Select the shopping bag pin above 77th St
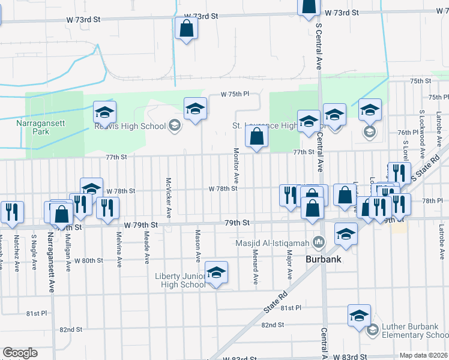(256, 137)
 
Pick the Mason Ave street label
(197, 245)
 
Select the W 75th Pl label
(234, 94)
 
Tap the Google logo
(20, 353)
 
